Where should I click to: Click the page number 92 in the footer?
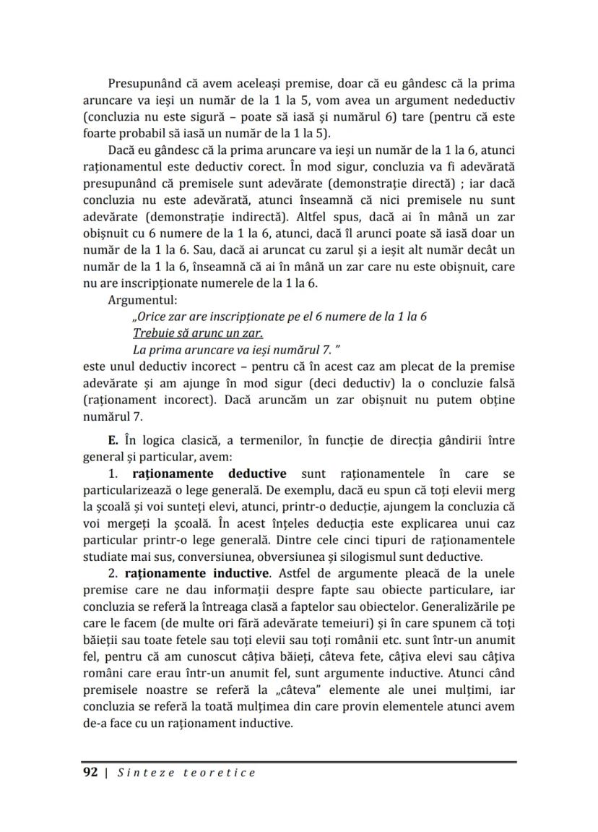(x=90, y=773)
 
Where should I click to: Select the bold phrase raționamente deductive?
(x=209, y=473)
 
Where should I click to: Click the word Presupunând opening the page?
(x=142, y=84)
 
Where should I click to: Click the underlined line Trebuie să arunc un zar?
(x=198, y=333)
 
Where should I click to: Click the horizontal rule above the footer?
(x=298, y=762)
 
